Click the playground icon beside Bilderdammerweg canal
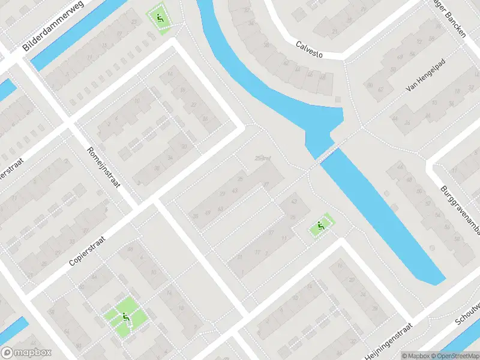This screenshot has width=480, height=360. [x=159, y=19]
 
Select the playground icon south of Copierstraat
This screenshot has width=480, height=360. [x=125, y=316]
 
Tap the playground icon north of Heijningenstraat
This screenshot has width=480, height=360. [x=320, y=227]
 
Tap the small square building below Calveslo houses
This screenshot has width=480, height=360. [x=326, y=84]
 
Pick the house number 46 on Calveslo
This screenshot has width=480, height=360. [x=310, y=74]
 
